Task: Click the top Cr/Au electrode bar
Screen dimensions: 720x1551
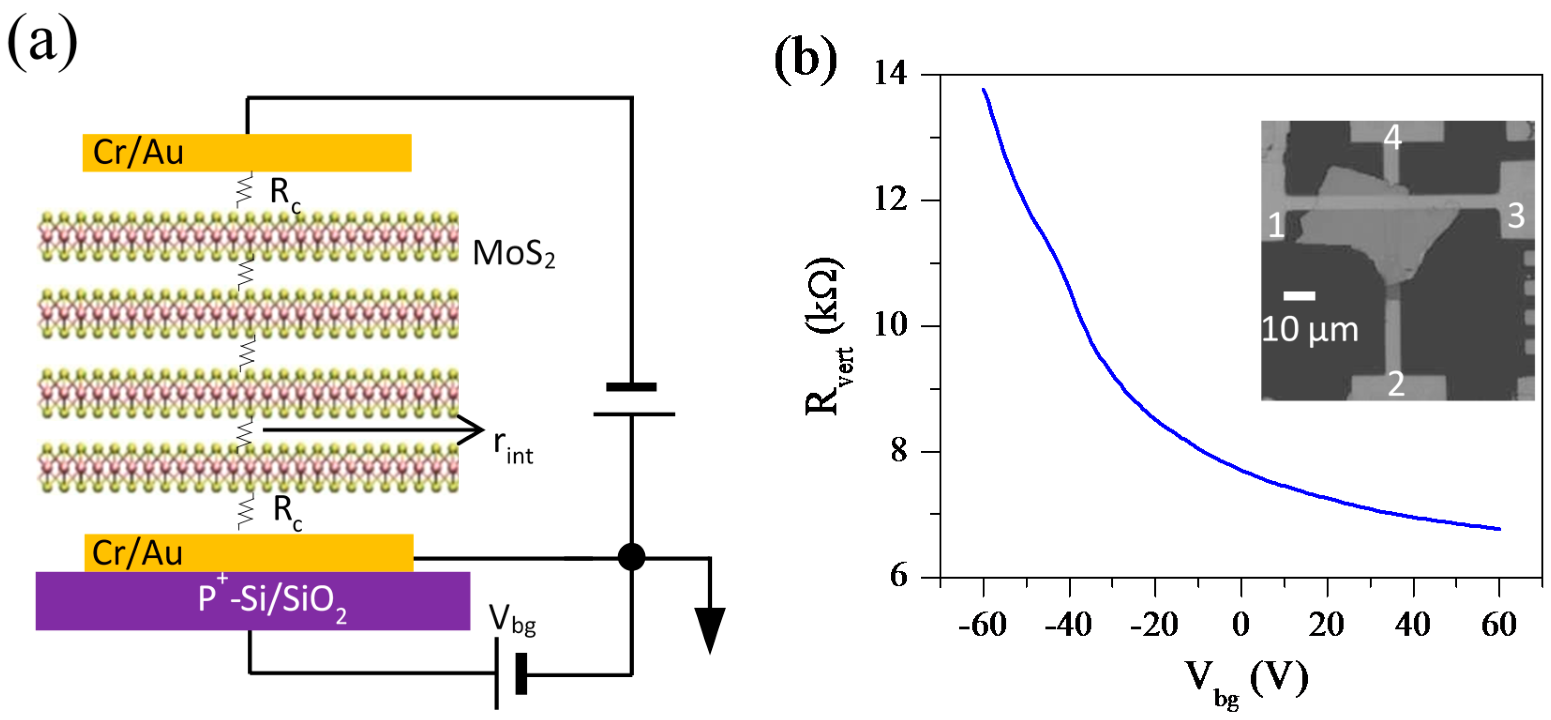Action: pos(247,152)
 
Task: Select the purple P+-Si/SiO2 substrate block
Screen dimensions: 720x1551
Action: pos(253,601)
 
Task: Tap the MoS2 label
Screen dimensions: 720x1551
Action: pos(513,254)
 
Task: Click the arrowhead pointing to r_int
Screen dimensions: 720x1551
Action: pos(473,430)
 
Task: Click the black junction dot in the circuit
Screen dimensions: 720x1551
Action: pos(631,557)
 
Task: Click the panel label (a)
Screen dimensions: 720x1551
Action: pos(42,42)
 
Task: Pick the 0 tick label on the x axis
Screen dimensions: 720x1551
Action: pos(1241,624)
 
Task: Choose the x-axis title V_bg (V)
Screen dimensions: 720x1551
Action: pos(1246,681)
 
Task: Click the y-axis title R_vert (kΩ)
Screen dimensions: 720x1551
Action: pos(825,337)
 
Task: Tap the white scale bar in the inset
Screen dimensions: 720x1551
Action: pos(1299,295)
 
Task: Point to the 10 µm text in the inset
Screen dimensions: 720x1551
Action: pos(1310,330)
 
